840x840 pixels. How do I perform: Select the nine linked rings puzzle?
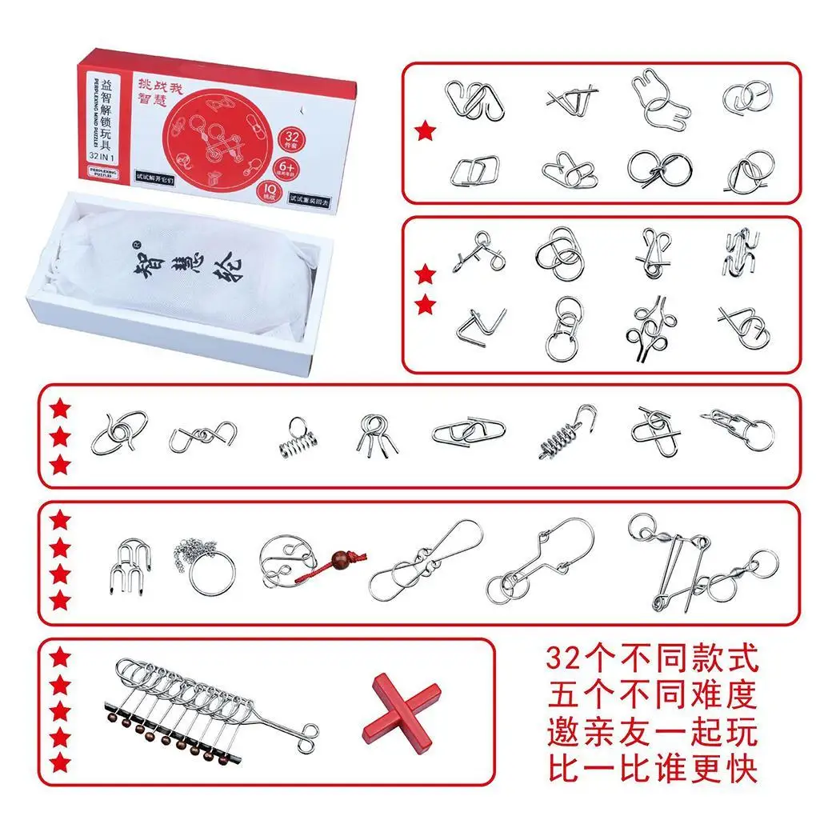click(208, 704)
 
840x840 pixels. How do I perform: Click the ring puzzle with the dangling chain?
click(206, 564)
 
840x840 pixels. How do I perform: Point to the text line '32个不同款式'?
click(652, 661)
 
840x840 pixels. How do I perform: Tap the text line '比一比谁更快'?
click(652, 769)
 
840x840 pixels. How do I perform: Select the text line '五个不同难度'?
click(652, 696)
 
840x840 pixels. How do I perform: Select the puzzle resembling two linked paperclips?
click(468, 432)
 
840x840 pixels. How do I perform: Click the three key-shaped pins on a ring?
click(373, 435)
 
